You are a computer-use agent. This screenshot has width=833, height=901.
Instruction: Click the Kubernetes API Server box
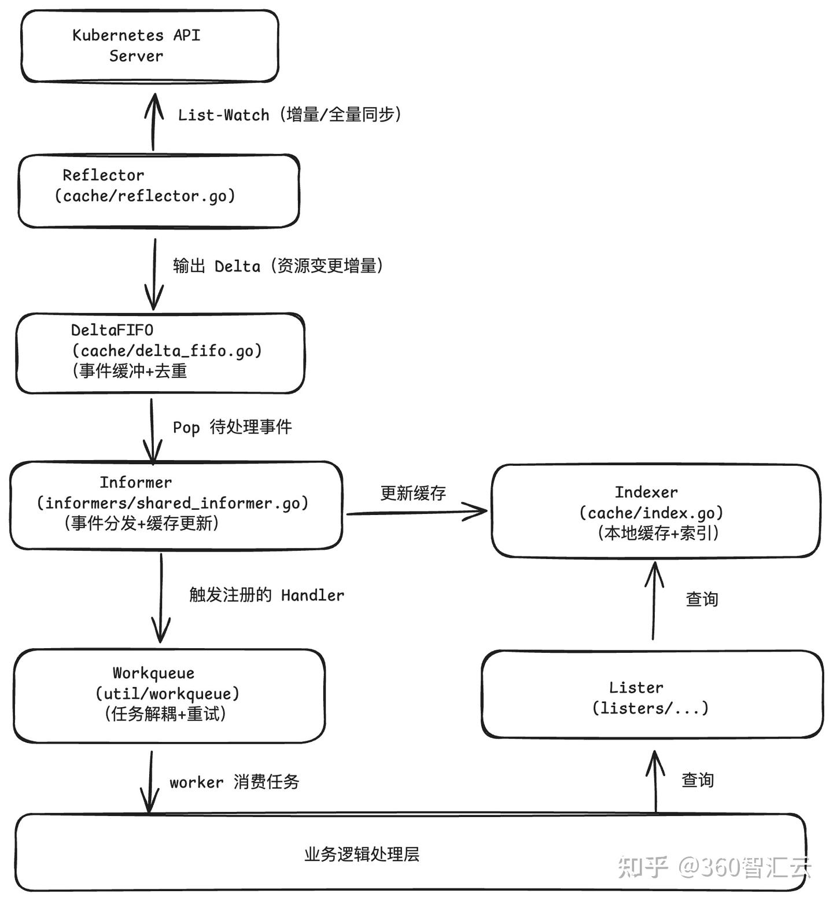(150, 46)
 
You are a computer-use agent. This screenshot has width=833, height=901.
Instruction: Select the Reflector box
(159, 191)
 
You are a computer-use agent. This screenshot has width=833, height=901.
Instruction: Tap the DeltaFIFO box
(160, 353)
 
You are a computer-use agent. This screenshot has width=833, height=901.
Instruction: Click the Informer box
(176, 505)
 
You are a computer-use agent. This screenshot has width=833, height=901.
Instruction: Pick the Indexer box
(655, 511)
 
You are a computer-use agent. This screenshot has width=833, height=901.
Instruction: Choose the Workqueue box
(169, 696)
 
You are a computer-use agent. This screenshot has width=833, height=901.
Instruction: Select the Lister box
(652, 694)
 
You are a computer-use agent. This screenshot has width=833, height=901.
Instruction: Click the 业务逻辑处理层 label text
(362, 855)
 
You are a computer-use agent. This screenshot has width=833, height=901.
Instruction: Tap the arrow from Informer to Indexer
(417, 512)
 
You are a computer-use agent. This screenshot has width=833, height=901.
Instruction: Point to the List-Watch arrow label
(289, 115)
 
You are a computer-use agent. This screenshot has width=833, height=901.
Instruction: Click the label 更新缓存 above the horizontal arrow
(413, 493)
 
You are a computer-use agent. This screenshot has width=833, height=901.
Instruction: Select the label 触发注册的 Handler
(266, 595)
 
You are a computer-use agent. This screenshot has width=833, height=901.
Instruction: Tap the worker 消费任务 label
(234, 782)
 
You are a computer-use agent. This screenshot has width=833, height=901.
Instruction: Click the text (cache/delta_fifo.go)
(167, 351)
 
